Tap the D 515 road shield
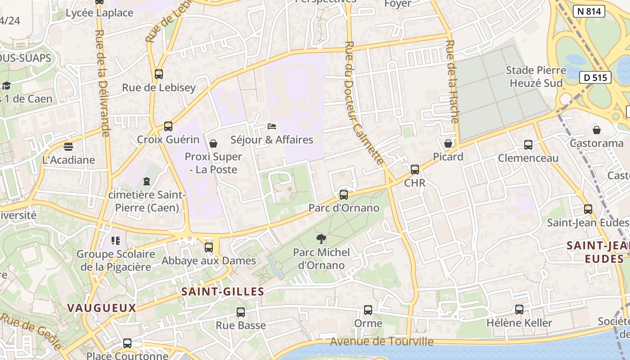click(595, 77)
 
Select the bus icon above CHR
click(415, 170)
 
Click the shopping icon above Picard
click(448, 144)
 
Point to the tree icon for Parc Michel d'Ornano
click(321, 239)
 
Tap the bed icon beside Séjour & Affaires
click(272, 126)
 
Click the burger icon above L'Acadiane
click(68, 146)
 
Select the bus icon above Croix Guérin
click(168, 126)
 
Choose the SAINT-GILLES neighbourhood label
click(223, 292)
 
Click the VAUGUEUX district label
click(102, 308)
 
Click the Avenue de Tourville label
click(382, 342)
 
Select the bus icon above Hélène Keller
click(519, 310)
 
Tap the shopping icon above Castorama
click(597, 130)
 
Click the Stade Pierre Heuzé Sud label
click(536, 76)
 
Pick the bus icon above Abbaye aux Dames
click(208, 247)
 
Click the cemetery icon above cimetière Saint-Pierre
click(146, 181)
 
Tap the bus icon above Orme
click(368, 310)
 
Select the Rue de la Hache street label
click(452, 81)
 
